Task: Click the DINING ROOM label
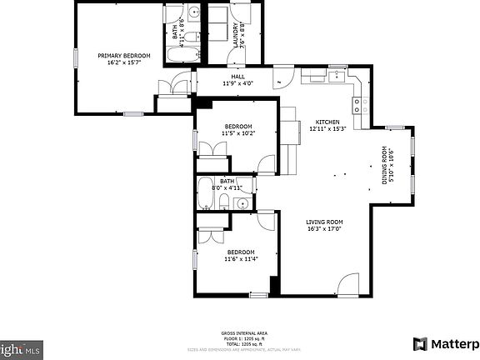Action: click(x=385, y=165)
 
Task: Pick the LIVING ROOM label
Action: click(x=324, y=221)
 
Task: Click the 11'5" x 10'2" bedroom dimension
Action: click(x=237, y=133)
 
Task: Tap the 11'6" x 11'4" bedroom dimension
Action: click(x=239, y=259)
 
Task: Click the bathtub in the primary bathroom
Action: click(x=182, y=56)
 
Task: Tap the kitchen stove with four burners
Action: click(x=361, y=105)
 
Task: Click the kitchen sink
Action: click(x=337, y=77)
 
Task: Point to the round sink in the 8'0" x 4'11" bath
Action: click(x=242, y=202)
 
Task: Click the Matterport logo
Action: click(x=446, y=343)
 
